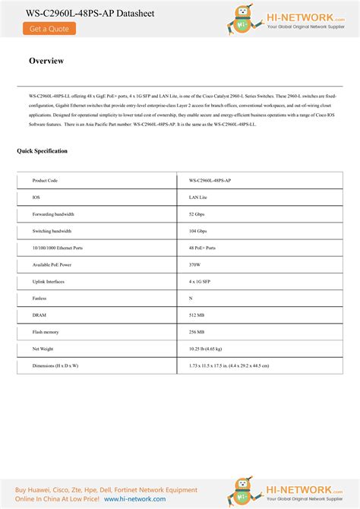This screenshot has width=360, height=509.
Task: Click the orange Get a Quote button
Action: click(x=49, y=29)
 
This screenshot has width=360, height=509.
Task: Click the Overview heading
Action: click(x=46, y=61)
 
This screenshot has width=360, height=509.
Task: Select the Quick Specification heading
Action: click(x=43, y=151)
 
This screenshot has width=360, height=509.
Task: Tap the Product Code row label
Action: click(x=45, y=181)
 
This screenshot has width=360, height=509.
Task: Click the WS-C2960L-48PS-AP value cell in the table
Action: click(x=210, y=181)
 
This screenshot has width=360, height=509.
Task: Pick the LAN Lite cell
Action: click(x=198, y=198)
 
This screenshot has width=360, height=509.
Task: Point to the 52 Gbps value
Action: click(x=197, y=214)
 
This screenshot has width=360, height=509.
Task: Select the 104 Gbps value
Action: click(x=198, y=231)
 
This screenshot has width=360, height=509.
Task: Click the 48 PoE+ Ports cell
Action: click(x=202, y=248)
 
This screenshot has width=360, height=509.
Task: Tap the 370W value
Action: click(x=195, y=264)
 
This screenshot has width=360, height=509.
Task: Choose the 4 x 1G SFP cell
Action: click(x=200, y=281)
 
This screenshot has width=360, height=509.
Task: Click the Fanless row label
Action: click(x=39, y=299)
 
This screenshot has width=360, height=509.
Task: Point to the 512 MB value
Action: click(x=197, y=315)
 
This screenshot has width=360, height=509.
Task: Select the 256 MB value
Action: click(x=197, y=332)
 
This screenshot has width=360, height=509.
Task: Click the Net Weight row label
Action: click(x=43, y=349)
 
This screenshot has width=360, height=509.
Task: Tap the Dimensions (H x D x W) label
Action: click(x=55, y=365)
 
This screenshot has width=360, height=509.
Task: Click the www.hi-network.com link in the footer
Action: click(x=134, y=499)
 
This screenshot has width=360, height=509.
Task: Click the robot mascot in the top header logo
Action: click(x=244, y=20)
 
